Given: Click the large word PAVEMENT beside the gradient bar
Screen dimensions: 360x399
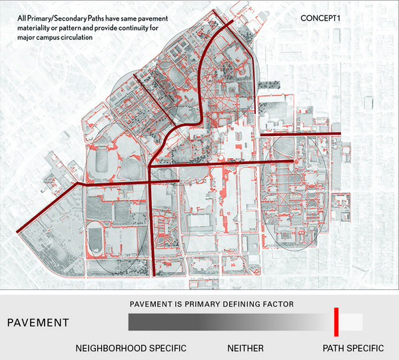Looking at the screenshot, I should point(39,323).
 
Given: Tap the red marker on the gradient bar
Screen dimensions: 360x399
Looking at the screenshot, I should point(336,321).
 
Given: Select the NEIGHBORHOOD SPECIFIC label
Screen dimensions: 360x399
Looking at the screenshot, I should point(131,348).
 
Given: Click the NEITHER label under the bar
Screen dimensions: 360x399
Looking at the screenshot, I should point(245,348).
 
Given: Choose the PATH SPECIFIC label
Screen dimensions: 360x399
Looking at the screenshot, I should point(353,348).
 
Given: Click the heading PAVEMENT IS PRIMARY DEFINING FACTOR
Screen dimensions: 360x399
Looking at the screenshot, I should point(212,304).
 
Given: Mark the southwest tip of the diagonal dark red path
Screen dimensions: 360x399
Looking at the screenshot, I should point(17,233).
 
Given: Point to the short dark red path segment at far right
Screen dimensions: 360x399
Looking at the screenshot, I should point(300,135).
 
